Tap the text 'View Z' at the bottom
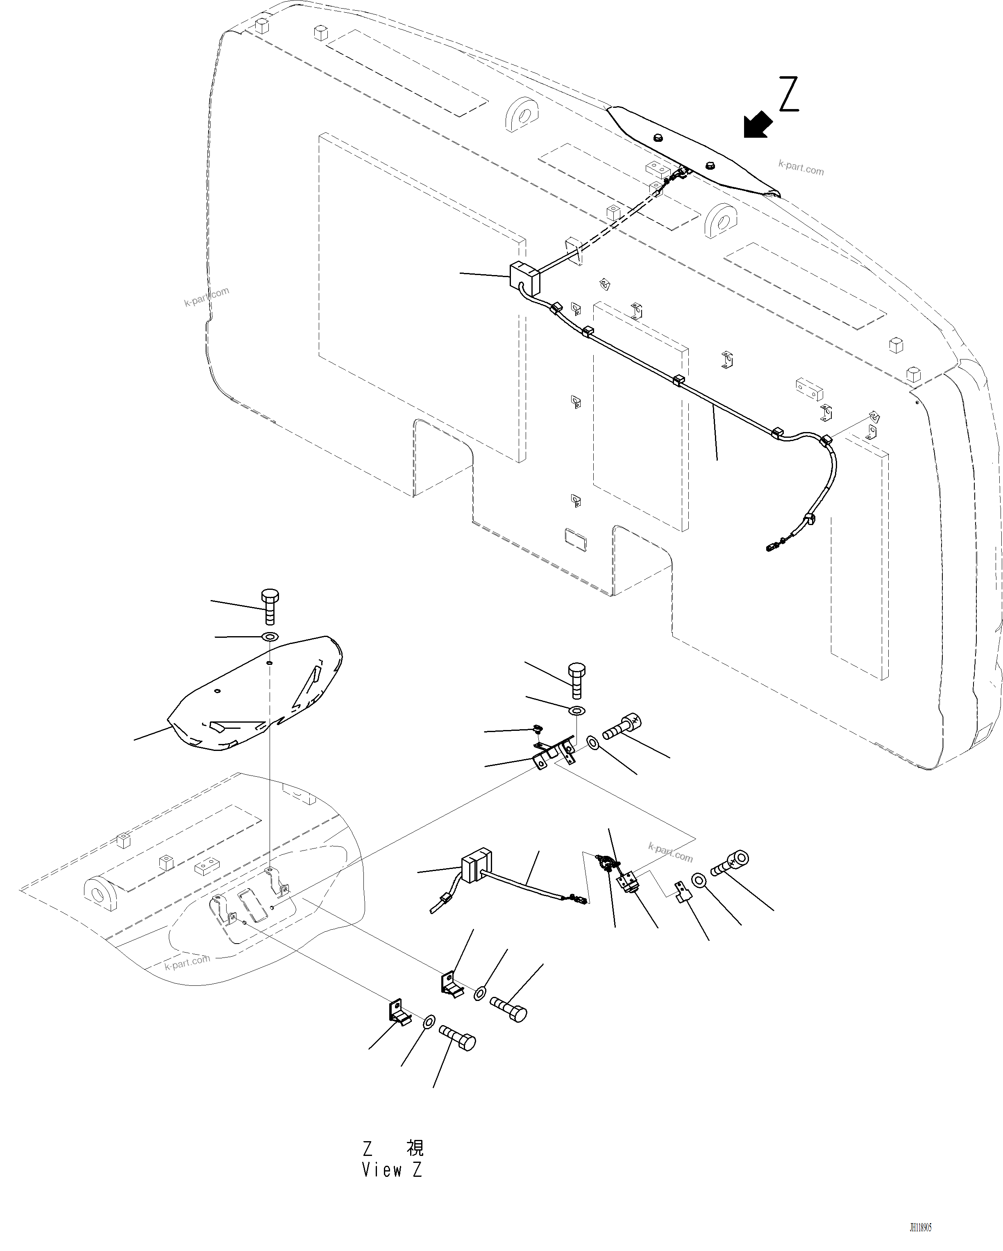[x=392, y=1170]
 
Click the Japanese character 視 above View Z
[x=415, y=1148]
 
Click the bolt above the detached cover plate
[x=270, y=606]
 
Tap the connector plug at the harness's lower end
[x=773, y=546]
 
